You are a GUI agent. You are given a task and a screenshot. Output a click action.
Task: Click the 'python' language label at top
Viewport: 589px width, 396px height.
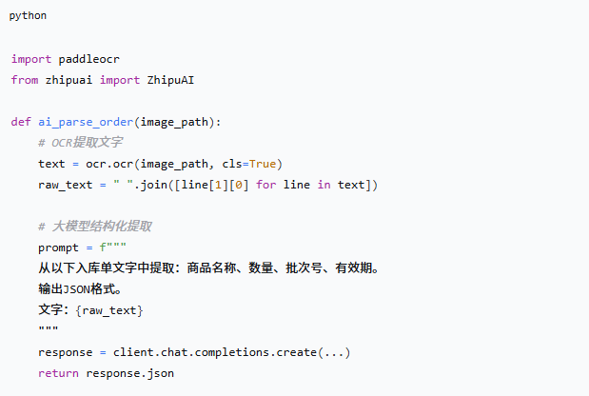click(28, 16)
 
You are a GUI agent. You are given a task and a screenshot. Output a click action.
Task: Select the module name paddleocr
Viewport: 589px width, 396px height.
click(89, 59)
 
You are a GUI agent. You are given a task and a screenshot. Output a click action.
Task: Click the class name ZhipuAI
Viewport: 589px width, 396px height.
click(170, 80)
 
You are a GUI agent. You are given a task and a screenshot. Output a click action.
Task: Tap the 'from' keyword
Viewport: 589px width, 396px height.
click(25, 80)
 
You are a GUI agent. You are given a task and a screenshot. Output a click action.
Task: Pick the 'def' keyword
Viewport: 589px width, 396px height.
click(21, 122)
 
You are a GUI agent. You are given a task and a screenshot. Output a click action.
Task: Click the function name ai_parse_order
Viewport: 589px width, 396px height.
click(86, 122)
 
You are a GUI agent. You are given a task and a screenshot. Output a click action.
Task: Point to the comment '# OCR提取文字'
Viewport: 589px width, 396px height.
click(80, 143)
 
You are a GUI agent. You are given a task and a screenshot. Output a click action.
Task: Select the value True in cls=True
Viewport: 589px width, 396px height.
click(263, 164)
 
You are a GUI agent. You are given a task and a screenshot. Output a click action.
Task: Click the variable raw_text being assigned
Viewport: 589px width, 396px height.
click(66, 185)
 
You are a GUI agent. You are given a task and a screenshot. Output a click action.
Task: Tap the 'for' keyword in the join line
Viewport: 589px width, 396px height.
click(265, 185)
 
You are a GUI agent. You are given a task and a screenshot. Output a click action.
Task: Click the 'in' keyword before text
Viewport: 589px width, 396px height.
click(324, 185)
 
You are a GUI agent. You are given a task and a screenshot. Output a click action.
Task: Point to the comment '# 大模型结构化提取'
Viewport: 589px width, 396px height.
click(95, 227)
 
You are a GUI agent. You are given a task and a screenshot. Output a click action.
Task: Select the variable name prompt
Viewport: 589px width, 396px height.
click(58, 247)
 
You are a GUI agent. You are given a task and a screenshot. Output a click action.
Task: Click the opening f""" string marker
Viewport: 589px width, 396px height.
click(112, 247)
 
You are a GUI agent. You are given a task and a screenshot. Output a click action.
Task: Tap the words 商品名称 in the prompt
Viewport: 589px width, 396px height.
click(211, 267)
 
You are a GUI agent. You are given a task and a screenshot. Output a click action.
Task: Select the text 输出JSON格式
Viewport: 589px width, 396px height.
click(77, 289)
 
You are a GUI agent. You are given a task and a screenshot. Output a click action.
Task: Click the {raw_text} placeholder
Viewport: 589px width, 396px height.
click(109, 310)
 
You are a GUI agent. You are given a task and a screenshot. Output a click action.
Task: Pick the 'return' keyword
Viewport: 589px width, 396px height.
click(58, 373)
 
